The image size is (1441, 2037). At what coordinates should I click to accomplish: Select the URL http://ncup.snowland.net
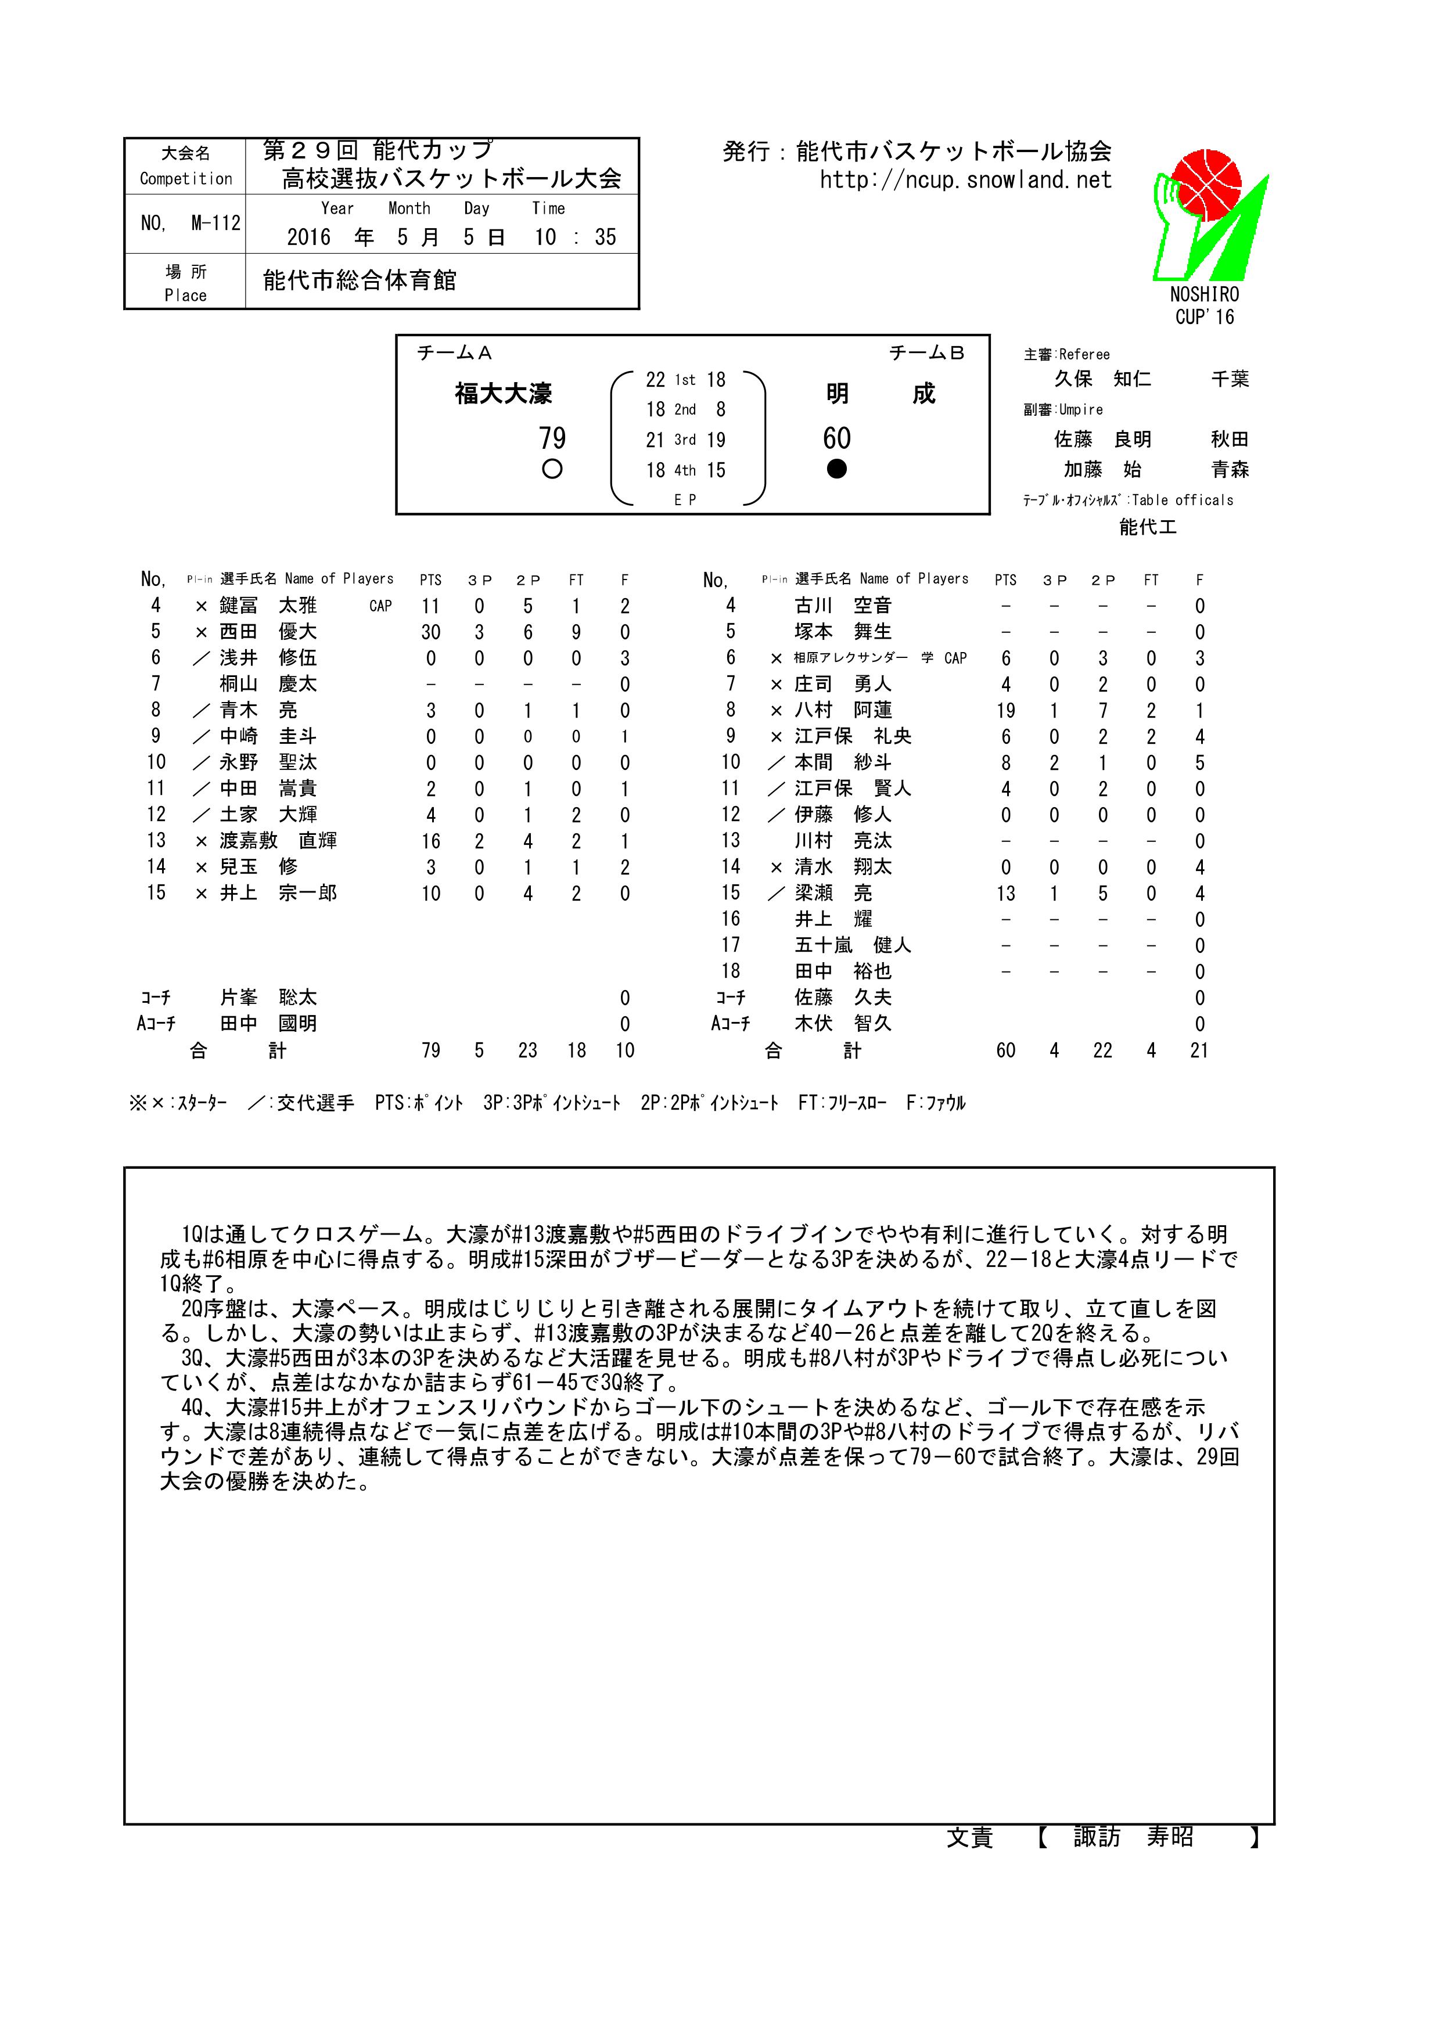[x=965, y=180]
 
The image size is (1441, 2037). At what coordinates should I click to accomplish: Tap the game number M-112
[x=215, y=224]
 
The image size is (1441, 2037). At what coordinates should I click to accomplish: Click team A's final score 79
[x=552, y=438]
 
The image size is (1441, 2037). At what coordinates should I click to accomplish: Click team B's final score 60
[x=837, y=438]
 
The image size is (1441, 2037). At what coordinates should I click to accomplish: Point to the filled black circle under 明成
[x=837, y=469]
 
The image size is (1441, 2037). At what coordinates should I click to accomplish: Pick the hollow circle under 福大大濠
[x=552, y=469]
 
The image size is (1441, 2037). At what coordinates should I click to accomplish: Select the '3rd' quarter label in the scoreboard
[x=685, y=440]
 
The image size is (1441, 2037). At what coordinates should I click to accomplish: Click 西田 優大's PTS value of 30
[x=430, y=632]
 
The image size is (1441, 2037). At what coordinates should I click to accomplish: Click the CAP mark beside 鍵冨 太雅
[x=380, y=607]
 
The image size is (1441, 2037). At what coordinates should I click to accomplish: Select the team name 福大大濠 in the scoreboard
[x=503, y=393]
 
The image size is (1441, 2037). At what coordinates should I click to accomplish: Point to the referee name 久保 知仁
[x=1103, y=379]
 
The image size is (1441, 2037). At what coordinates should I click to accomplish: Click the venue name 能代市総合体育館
[x=360, y=281]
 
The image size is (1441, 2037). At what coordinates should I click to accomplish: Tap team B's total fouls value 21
[x=1199, y=1050]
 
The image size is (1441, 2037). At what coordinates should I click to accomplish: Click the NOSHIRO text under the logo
[x=1204, y=294]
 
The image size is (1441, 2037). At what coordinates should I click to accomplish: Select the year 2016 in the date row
[x=308, y=237]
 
